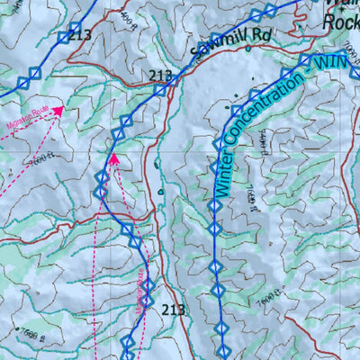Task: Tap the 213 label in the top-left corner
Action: pos(80,35)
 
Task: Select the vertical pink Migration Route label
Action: pos(141,296)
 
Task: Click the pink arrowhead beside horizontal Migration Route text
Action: pos(58,111)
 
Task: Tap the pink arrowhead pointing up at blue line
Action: pos(114,159)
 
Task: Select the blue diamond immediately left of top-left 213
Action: pos(62,37)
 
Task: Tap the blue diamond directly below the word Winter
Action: pos(214,206)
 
